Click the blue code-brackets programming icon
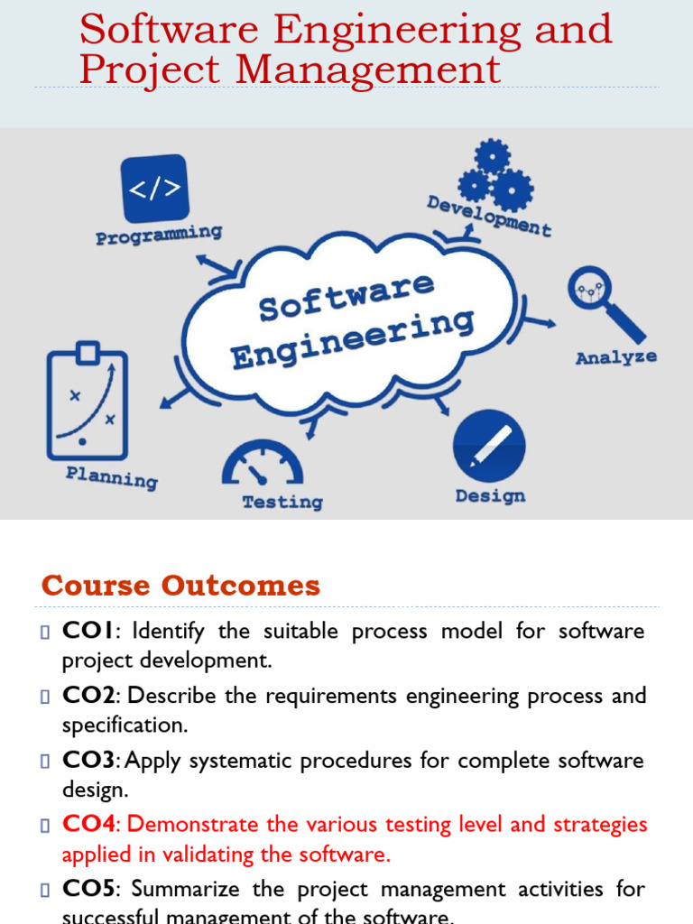coord(154,189)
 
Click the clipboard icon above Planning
coord(87,398)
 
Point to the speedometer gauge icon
coord(262,463)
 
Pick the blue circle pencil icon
coord(489,445)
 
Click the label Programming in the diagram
coord(159,236)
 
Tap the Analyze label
coord(616,358)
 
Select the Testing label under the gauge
coord(282,502)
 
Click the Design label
coord(490,496)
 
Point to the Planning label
coord(112,476)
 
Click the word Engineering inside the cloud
coord(352,340)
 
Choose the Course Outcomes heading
coord(180,586)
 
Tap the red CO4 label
coord(89,824)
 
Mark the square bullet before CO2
coord(45,697)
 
